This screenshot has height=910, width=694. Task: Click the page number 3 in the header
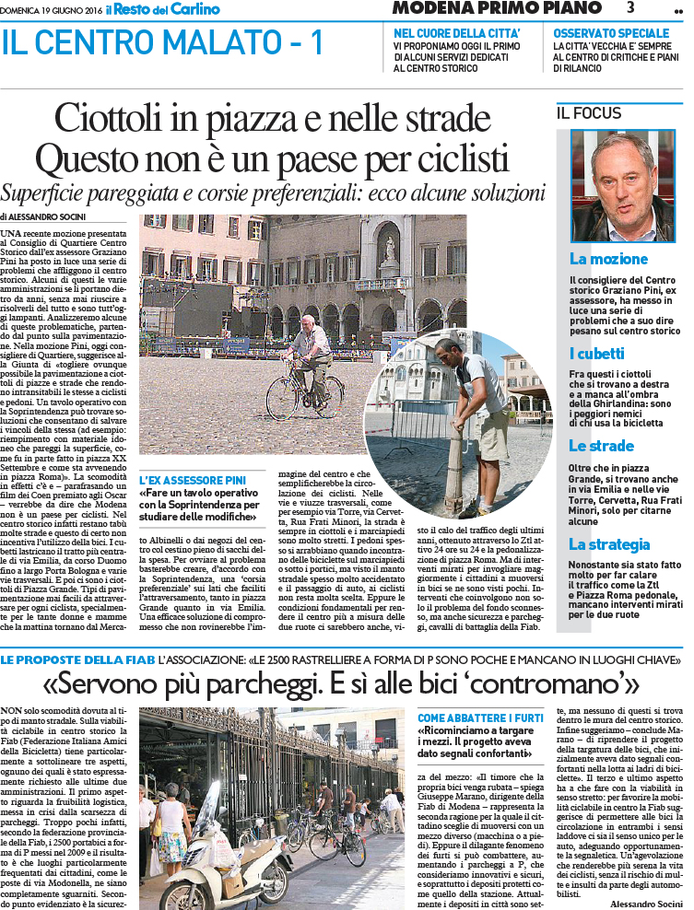630,8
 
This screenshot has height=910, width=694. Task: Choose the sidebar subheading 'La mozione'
608,259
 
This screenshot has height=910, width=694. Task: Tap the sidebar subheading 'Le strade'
602,446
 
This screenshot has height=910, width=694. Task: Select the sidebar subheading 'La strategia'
610,544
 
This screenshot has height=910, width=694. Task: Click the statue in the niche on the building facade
389,249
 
